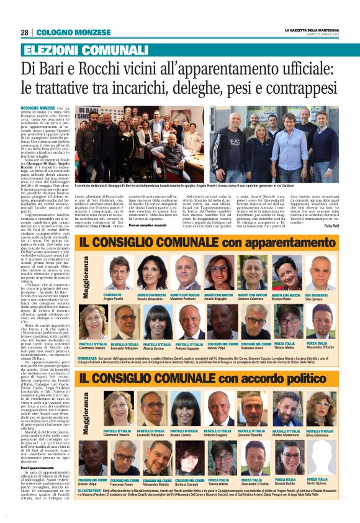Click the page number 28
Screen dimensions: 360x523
point(24,32)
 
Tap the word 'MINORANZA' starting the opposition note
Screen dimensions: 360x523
point(87,341)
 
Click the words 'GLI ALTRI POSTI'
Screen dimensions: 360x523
point(90,490)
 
